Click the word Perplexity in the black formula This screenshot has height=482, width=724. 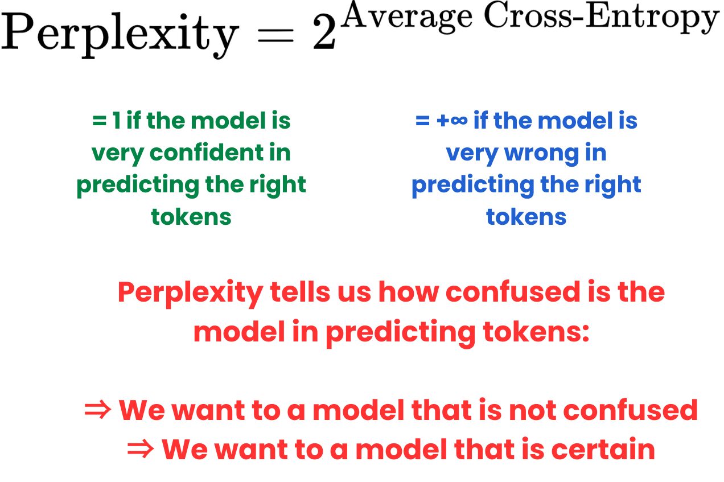tap(120, 35)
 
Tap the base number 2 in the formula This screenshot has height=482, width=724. tap(324, 33)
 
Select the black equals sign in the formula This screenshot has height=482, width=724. tap(275, 35)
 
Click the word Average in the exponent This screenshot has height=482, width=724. tap(406, 17)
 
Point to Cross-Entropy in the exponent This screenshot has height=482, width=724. tap(602, 17)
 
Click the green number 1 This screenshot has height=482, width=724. tap(116, 121)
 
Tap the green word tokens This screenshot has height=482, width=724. tap(191, 216)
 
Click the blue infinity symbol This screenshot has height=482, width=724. tap(459, 121)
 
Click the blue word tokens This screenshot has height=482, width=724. tap(526, 216)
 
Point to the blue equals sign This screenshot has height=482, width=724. tap(422, 121)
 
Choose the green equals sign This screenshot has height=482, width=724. tap(99, 121)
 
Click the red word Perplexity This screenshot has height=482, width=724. tap(190, 293)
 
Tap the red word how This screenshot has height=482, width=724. tap(409, 292)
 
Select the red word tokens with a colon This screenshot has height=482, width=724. tap(536, 332)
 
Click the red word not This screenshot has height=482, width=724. tap(533, 410)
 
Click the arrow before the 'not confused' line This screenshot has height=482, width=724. tap(97, 410)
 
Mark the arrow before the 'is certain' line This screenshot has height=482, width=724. tap(141, 449)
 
